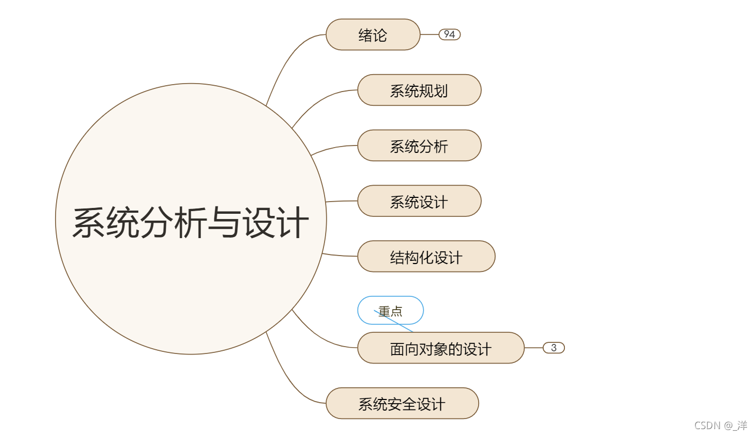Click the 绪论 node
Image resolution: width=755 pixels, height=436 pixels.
tap(373, 35)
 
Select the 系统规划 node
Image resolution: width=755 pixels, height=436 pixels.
tap(419, 90)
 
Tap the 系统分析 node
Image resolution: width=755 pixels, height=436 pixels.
tap(419, 146)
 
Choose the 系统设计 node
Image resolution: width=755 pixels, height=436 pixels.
tap(419, 202)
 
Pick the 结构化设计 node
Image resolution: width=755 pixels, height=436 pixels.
tap(426, 257)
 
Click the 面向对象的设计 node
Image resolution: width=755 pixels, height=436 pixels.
tap(441, 349)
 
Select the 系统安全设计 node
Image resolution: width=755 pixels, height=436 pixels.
tap(402, 404)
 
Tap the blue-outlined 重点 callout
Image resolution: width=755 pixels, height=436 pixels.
tap(390, 311)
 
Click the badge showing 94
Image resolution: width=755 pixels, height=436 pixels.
tap(450, 34)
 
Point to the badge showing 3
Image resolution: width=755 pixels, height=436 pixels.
tap(554, 348)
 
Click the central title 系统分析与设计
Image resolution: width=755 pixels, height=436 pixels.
tap(191, 222)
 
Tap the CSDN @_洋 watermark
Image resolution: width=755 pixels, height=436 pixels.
tap(721, 425)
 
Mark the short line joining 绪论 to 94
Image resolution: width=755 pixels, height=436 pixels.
tap(429, 34)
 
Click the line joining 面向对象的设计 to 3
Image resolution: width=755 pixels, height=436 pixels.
tap(534, 348)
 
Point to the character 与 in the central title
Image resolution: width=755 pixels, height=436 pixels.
tap(224, 222)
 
